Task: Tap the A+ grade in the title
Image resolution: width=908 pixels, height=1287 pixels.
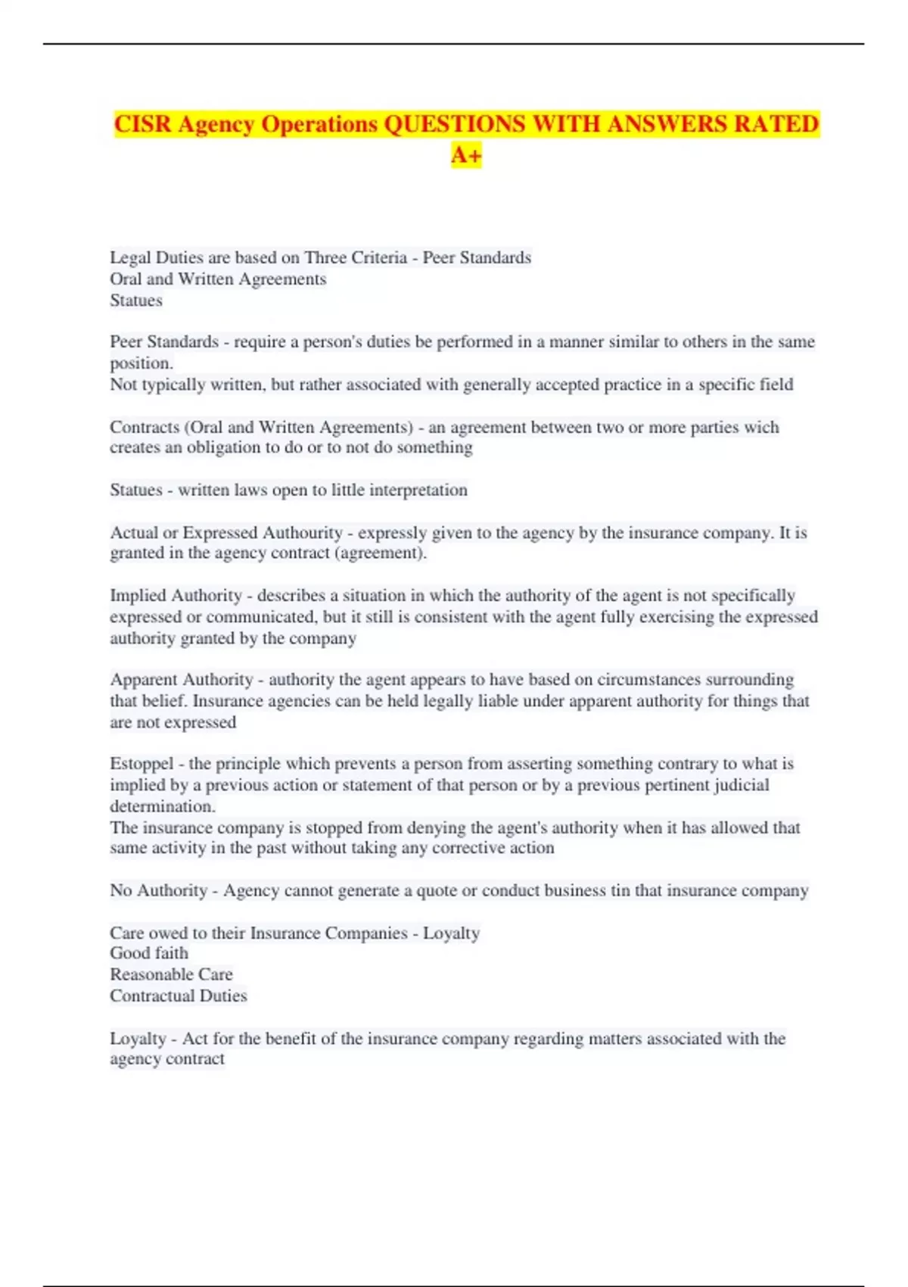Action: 466,155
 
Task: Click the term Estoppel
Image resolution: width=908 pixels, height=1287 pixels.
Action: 141,763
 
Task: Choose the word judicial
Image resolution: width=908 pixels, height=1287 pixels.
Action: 735,784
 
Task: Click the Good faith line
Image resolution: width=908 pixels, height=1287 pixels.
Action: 149,953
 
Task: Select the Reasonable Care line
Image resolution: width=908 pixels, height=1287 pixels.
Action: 171,974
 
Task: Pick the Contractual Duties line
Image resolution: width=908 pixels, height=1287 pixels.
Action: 179,996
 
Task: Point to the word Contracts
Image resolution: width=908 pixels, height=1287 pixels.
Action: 144,427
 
